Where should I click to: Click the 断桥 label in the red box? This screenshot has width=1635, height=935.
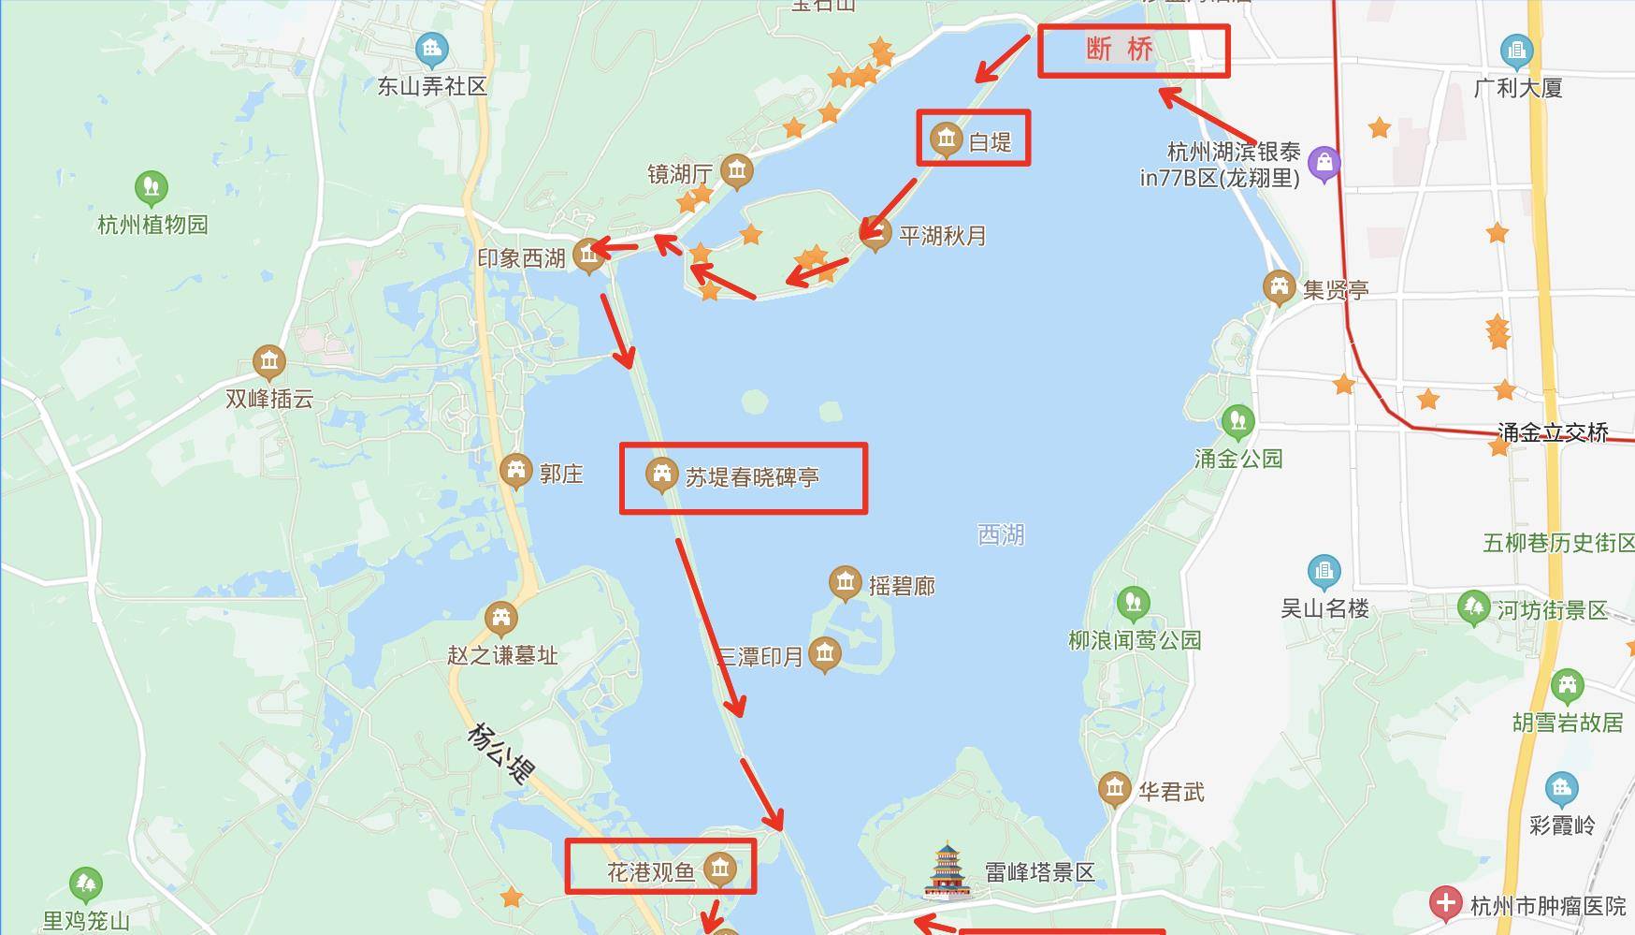point(1120,49)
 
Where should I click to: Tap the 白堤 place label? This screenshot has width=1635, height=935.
point(990,142)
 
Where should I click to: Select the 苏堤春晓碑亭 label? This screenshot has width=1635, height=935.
point(752,477)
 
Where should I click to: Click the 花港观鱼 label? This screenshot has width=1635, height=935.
point(651,872)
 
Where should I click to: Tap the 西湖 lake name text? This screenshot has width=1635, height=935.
point(1001,534)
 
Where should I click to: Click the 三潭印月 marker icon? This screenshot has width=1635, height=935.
point(824,653)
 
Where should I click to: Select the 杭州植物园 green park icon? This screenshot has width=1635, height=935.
point(151,187)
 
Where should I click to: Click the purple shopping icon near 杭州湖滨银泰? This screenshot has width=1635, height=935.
point(1324,164)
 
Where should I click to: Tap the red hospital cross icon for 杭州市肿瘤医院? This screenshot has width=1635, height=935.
point(1445,904)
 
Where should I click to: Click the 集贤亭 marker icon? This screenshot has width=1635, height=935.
point(1279,287)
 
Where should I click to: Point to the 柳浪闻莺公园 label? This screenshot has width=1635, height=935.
point(1135,641)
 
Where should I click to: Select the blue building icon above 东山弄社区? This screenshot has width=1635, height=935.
point(431,49)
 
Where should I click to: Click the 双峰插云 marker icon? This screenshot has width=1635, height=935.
point(269,361)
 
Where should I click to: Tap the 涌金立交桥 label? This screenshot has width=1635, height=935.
point(1553,432)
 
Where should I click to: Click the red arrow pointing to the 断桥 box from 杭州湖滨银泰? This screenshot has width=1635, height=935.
point(1207,115)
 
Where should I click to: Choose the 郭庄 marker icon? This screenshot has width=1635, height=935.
point(515,471)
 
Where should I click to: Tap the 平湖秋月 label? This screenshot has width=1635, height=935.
point(943,236)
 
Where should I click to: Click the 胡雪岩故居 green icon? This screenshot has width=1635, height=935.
point(1568,685)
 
